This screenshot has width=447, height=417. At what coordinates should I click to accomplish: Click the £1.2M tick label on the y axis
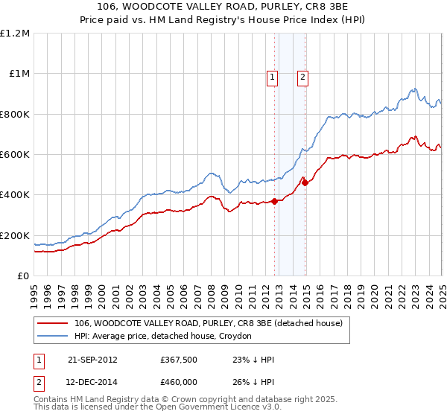[x=15, y=33]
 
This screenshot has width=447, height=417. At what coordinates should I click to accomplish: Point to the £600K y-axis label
[x=15, y=154]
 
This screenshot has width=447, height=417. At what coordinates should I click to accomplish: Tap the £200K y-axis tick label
[x=15, y=235]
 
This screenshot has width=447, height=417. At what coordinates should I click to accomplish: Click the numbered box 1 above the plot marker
[x=272, y=76]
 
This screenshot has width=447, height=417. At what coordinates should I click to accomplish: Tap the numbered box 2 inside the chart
[x=303, y=76]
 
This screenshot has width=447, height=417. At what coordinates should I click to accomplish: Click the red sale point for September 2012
[x=274, y=201]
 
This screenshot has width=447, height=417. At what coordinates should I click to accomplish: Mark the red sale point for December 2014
[x=305, y=182]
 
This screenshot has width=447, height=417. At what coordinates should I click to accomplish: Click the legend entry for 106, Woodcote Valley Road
[x=209, y=324]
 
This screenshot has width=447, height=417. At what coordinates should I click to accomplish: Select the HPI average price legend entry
[x=163, y=336]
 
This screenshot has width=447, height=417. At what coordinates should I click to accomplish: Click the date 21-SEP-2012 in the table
[x=92, y=360]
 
